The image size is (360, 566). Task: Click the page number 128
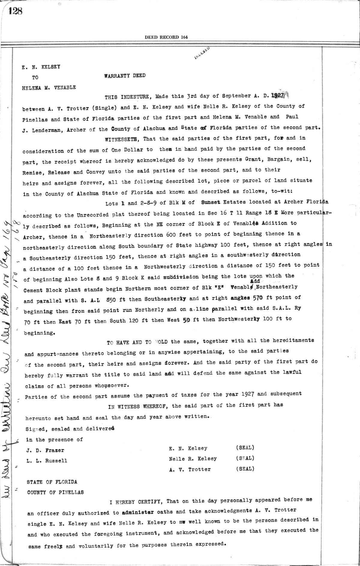[15, 11]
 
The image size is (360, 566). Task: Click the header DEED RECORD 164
[166, 37]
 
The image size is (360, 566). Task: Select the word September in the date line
[236, 96]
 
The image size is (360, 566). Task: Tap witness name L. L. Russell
[47, 461]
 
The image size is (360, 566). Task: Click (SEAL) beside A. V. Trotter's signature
[245, 469]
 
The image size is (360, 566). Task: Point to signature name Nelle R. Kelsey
[193, 459]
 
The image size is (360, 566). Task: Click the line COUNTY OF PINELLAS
[55, 492]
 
